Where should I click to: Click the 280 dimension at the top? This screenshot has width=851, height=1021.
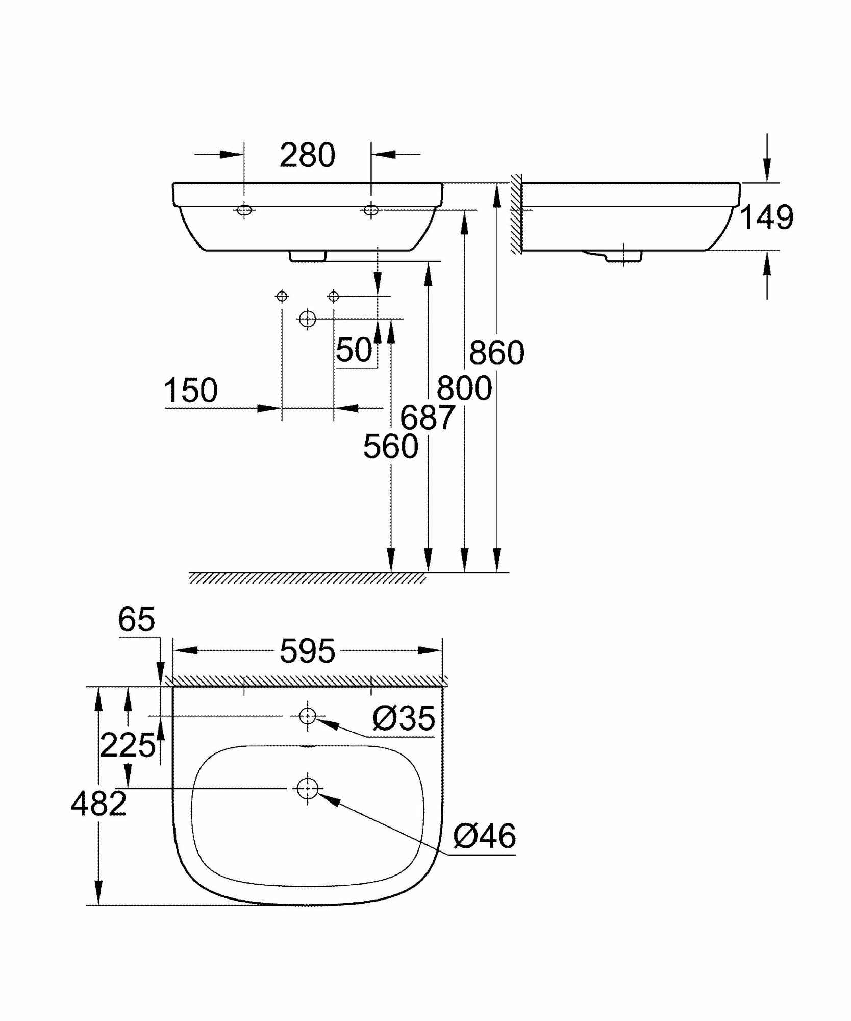(x=307, y=155)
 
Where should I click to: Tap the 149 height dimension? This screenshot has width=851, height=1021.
(x=766, y=217)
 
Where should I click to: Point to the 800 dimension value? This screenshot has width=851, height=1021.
(x=464, y=387)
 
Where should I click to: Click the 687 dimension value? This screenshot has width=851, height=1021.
(x=427, y=417)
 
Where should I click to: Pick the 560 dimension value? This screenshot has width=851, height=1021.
(x=390, y=447)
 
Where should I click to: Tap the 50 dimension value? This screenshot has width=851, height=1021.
(x=354, y=350)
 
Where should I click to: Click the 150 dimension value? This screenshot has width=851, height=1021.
(x=190, y=391)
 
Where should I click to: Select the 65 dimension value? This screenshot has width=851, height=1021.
(x=136, y=620)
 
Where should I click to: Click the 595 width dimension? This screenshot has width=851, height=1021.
(x=307, y=651)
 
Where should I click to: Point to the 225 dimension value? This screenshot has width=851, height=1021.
(x=128, y=745)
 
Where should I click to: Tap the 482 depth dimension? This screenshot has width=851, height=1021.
(x=98, y=804)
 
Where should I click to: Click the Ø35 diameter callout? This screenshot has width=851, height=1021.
(x=404, y=718)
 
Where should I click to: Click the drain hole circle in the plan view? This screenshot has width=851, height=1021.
(x=307, y=789)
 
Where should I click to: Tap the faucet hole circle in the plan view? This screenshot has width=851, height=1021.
(x=307, y=716)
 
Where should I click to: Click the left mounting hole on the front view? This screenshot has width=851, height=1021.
(x=244, y=210)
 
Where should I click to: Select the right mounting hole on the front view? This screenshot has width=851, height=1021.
(x=371, y=210)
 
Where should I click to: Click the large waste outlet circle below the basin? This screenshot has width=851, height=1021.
(x=307, y=319)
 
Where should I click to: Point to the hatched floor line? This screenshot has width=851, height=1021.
(x=307, y=578)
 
